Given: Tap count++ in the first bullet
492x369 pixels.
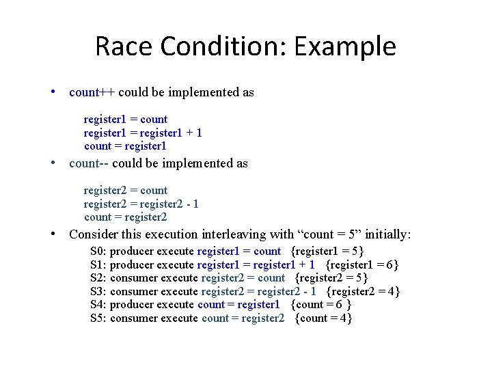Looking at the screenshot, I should [x=92, y=92].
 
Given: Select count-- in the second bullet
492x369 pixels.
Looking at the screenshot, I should [x=89, y=163].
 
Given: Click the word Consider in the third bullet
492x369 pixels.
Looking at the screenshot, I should [x=94, y=234].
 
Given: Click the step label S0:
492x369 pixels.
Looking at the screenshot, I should [x=98, y=251].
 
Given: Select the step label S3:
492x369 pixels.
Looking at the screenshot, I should [x=98, y=292].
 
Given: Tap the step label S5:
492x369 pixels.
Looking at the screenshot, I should [x=98, y=318].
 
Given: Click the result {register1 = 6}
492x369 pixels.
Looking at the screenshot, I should [x=362, y=264].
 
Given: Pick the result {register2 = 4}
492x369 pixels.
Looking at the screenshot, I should [x=364, y=292].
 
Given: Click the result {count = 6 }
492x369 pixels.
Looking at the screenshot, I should [x=321, y=305].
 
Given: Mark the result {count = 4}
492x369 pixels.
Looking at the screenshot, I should [x=323, y=318].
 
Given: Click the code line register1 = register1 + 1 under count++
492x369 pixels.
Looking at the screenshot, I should [x=143, y=133].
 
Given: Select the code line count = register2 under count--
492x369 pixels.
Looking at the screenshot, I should [x=126, y=217].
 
